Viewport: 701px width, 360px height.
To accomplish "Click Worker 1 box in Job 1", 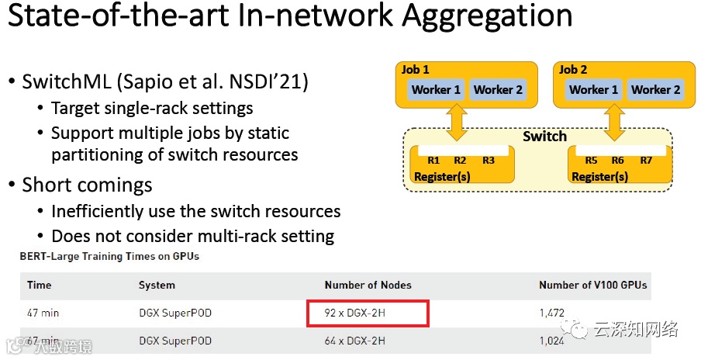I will click(x=436, y=90).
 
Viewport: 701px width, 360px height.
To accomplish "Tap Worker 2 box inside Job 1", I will click(x=498, y=90).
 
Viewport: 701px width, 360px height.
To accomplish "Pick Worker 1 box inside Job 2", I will click(x=593, y=90).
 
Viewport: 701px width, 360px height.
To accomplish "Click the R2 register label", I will click(x=460, y=161).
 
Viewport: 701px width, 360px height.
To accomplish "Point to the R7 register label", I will click(x=646, y=161).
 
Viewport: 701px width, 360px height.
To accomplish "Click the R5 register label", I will click(x=592, y=161).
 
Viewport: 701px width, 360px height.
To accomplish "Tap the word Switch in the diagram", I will click(x=544, y=137).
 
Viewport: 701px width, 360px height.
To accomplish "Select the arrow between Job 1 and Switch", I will click(x=458, y=123).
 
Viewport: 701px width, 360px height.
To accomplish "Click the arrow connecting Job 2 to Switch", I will click(x=615, y=123).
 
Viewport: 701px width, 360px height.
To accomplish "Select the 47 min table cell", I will click(x=43, y=313).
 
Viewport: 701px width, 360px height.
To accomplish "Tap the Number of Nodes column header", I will click(x=368, y=285).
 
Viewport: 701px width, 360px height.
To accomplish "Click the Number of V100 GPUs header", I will click(x=592, y=285).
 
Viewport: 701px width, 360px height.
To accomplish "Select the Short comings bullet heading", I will click(x=87, y=185).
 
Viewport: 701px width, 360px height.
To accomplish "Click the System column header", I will click(x=157, y=285).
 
